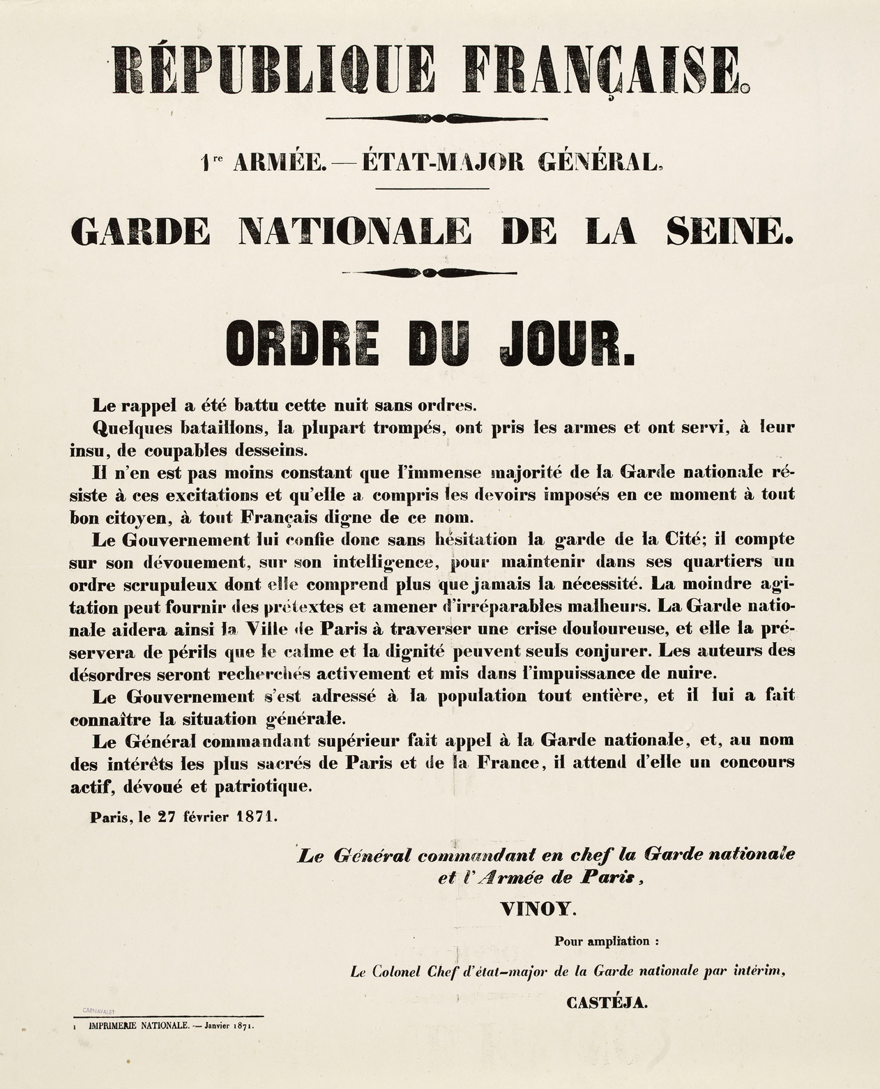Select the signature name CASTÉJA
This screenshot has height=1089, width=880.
pyautogui.click(x=607, y=1004)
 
